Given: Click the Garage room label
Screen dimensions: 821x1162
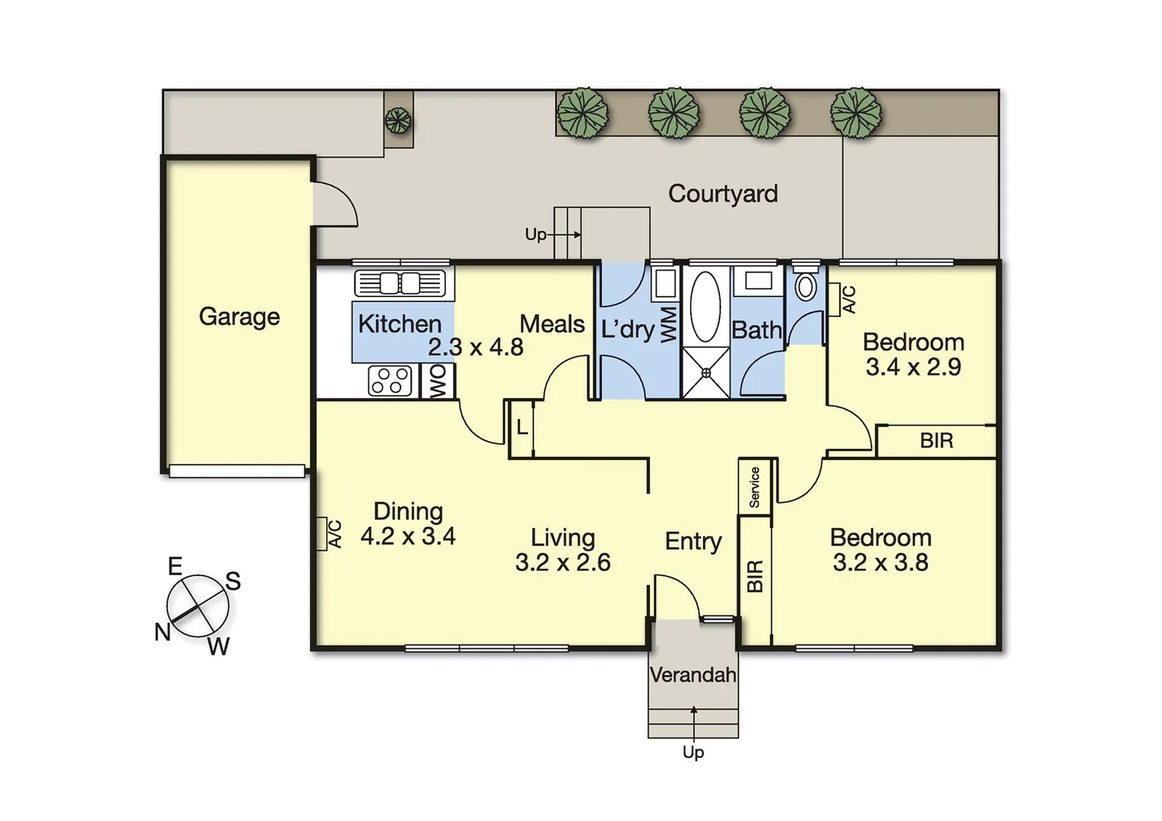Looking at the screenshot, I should click(x=239, y=316).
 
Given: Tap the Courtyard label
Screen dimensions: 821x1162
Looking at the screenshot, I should click(x=723, y=194).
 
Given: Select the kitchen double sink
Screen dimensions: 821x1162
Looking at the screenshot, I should click(x=400, y=283).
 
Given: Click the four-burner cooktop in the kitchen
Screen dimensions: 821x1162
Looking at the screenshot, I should click(x=390, y=380).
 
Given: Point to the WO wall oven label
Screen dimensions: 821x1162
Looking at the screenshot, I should click(x=439, y=382).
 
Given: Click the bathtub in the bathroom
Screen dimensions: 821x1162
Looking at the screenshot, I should click(x=705, y=307).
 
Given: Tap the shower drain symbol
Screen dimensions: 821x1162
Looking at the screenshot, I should click(x=706, y=372).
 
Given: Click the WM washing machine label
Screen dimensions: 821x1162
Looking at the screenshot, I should click(x=669, y=325).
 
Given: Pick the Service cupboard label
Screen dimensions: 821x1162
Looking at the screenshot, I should click(x=755, y=487).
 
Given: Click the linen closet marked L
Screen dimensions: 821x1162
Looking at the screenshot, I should click(x=522, y=428).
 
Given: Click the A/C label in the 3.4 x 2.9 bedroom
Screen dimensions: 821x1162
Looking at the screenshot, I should click(x=849, y=299).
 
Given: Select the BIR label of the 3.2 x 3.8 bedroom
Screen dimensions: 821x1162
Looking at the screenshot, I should click(x=755, y=575).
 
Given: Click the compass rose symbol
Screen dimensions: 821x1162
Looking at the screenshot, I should click(x=198, y=606).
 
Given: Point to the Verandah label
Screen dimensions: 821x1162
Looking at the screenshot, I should click(x=693, y=674).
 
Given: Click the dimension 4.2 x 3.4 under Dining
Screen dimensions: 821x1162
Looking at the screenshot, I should click(x=408, y=537).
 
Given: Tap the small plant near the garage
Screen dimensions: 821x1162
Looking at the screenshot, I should click(x=397, y=120).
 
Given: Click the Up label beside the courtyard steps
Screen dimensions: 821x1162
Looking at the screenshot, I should click(x=535, y=235).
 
